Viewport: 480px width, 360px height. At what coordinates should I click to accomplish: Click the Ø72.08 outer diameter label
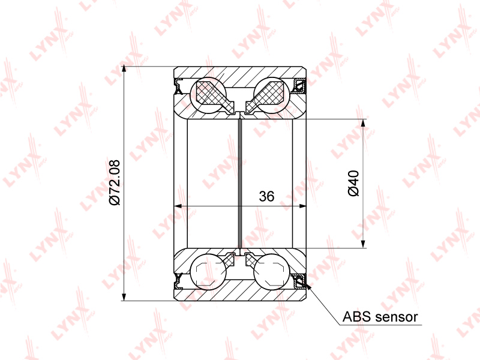[115, 182]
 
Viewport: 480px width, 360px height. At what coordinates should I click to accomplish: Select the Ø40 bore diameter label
[353, 183]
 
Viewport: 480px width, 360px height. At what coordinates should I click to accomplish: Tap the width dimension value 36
[266, 196]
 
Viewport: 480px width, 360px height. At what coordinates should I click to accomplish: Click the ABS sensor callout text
[380, 317]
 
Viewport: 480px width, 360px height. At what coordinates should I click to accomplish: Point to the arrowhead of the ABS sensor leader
[308, 286]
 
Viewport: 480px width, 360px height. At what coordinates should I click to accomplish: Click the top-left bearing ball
[208, 95]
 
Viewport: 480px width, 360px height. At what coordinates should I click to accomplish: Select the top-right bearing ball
[272, 95]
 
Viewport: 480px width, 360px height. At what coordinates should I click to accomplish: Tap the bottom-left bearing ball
[208, 272]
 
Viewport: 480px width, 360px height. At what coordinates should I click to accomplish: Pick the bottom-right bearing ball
[272, 272]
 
